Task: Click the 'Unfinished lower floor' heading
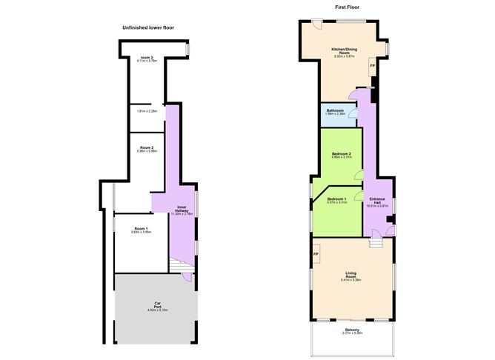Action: coord(148,27)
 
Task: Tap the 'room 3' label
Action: coord(147,58)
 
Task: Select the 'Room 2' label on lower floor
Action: coord(147,147)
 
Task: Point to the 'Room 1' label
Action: coord(141,228)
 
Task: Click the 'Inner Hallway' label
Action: coord(182,210)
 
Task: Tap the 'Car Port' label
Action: coord(157,304)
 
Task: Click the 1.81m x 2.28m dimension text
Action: coord(147,112)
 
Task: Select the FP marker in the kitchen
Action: coord(372,67)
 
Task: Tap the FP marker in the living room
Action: coord(316,256)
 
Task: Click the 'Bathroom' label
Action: coord(336,110)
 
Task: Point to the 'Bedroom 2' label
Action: coord(341,153)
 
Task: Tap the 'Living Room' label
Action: coord(351,276)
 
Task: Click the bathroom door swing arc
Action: coord(353,114)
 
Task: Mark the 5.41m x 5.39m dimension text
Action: coord(351,281)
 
